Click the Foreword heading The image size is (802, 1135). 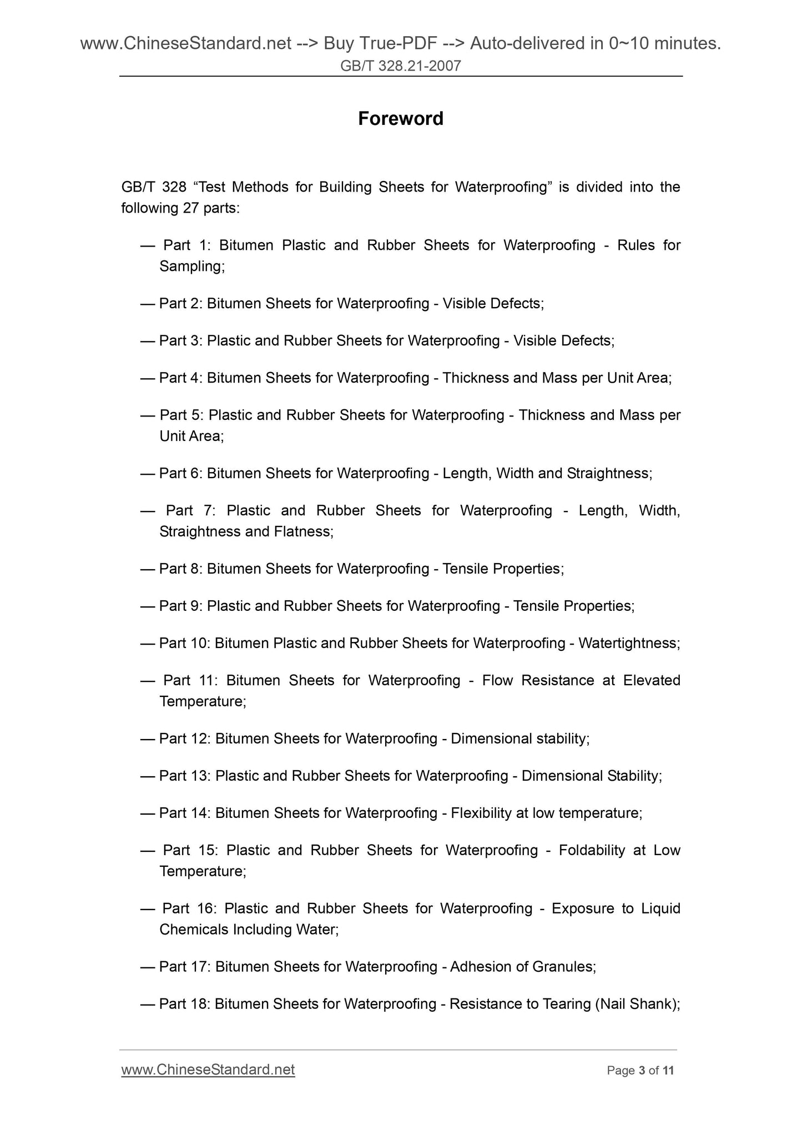pos(400,119)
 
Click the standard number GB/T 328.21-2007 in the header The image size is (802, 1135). pos(400,66)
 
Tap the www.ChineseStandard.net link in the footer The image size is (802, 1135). pos(208,1069)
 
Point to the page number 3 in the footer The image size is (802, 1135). pos(642,1071)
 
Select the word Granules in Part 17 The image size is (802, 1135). pos(562,967)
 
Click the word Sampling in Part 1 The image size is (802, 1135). pos(190,267)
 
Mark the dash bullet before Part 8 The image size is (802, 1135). pos(147,569)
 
